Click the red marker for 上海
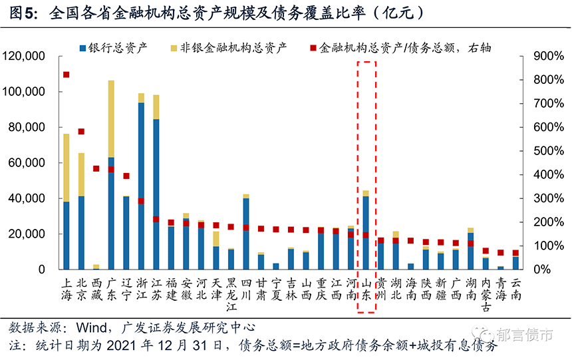66,75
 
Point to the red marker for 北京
81,132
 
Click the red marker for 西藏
96,168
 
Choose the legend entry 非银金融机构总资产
233,47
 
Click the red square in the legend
313,47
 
